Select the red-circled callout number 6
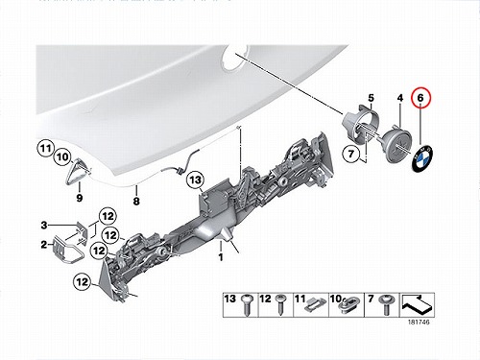(420, 98)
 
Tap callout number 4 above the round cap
(400, 98)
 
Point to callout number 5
(371, 98)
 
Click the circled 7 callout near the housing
(351, 154)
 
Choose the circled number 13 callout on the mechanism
(195, 180)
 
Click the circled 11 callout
(46, 149)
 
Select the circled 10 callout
(62, 157)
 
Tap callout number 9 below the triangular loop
(80, 198)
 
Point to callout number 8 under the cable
(136, 201)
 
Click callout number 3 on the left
(44, 226)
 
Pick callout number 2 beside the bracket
(44, 245)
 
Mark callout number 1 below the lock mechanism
(221, 256)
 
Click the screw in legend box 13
(248, 304)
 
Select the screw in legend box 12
(281, 304)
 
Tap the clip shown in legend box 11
(315, 304)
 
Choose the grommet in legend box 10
(349, 304)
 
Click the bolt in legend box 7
(386, 304)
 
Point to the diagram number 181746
(419, 322)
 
